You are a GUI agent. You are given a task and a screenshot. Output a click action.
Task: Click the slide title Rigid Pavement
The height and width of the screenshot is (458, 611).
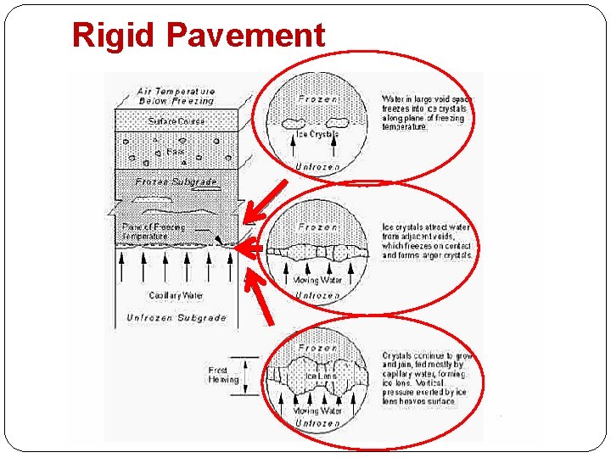[x=199, y=35]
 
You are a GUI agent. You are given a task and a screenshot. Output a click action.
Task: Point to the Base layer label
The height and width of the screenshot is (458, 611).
[x=176, y=152]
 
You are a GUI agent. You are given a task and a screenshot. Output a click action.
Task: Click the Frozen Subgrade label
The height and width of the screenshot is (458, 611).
[x=177, y=181]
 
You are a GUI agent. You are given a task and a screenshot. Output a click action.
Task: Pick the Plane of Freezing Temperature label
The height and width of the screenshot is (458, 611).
[x=153, y=231]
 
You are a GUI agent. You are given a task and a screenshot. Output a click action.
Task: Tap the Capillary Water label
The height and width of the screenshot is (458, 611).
[x=176, y=295]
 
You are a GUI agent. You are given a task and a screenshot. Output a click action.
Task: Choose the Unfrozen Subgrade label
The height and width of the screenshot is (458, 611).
[x=176, y=317]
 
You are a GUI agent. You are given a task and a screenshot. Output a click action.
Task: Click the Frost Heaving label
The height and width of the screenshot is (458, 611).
[x=223, y=375]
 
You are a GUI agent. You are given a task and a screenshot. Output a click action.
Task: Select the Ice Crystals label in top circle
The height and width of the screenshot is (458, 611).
[x=317, y=134]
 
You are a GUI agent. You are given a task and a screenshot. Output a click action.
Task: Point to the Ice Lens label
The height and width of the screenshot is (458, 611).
[x=327, y=376]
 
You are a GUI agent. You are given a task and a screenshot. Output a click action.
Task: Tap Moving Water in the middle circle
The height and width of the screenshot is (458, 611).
[x=317, y=279]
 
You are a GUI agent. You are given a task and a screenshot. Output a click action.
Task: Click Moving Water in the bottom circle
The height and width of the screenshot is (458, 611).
[x=317, y=411]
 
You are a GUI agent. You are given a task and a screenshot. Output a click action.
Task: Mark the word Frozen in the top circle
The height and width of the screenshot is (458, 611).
[x=318, y=99]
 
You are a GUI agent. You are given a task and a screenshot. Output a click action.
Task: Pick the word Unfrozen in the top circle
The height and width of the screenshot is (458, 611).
[x=317, y=167]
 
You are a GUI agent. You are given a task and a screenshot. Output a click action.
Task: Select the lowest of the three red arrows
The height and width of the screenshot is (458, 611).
[x=262, y=297]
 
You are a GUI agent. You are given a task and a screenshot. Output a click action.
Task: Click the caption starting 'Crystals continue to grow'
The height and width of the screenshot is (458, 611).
[x=427, y=378]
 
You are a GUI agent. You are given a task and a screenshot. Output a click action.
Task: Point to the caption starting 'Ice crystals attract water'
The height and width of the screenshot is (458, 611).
[x=427, y=241]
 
